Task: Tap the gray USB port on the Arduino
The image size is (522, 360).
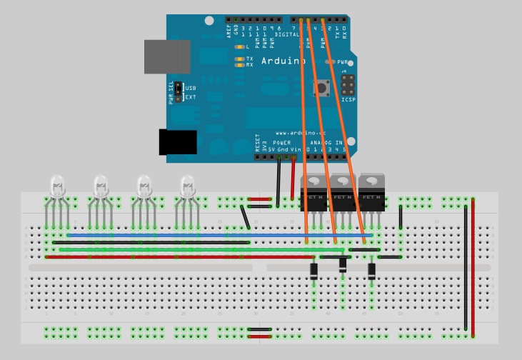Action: coord(167,56)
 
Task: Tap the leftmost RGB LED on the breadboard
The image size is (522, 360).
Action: coord(56,188)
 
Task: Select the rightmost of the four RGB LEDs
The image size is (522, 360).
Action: coord(188,188)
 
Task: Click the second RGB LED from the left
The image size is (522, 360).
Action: coord(101,188)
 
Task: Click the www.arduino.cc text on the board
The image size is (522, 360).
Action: coord(291,133)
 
